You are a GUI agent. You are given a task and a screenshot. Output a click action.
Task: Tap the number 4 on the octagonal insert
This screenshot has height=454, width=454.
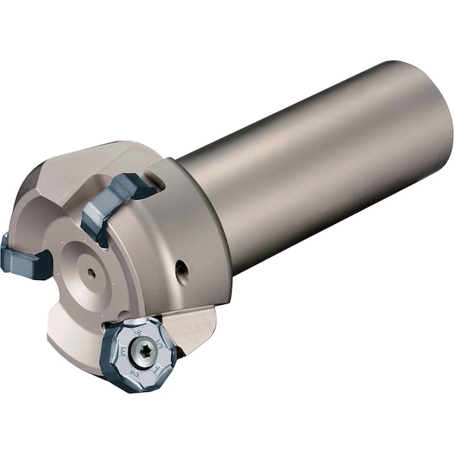(138, 331)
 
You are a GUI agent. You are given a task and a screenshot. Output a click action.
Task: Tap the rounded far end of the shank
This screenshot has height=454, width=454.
(431, 113)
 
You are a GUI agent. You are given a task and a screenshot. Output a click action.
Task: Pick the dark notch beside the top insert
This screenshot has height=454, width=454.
(155, 182)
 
